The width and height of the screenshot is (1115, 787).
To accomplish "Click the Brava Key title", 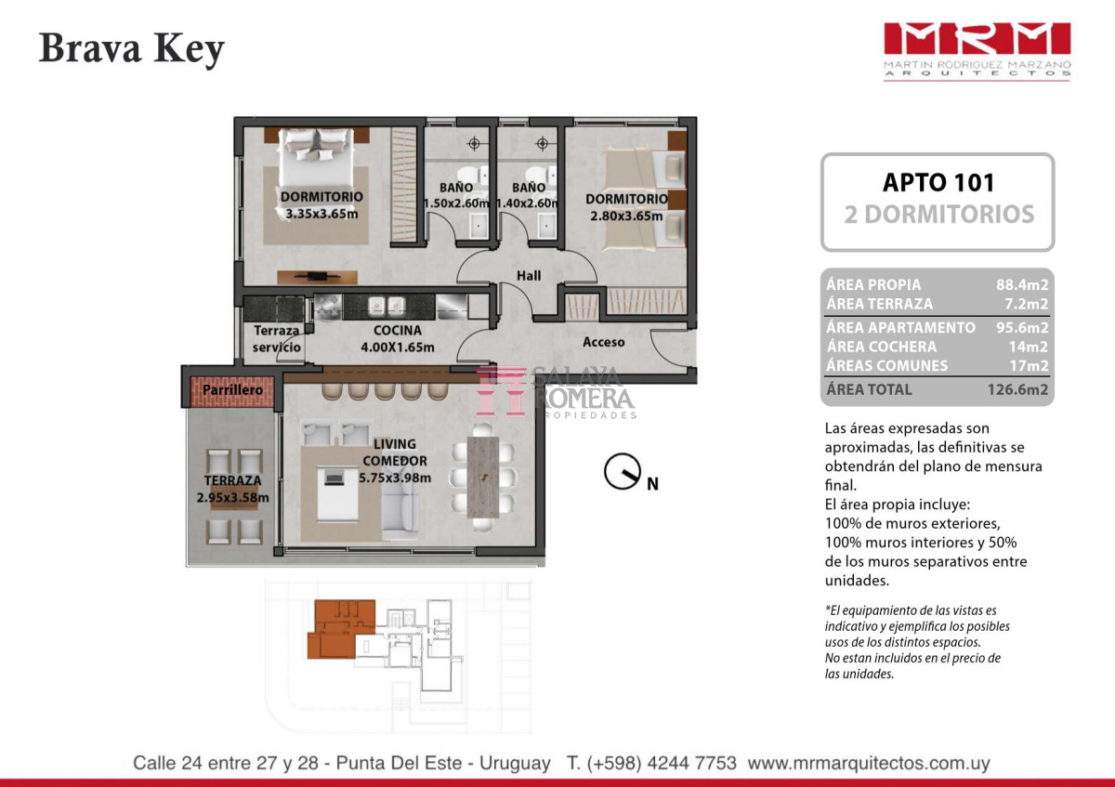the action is [132, 49].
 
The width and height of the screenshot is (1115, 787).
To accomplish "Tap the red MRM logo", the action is [977, 39].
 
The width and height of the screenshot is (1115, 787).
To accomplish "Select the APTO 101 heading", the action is [938, 183].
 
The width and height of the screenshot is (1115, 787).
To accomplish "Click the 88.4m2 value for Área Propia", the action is [1022, 284].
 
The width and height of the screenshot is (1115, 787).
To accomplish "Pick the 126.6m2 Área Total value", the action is [1017, 389].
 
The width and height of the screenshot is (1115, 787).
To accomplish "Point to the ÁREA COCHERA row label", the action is [882, 347].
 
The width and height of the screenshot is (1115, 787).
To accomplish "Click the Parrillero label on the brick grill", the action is [232, 389].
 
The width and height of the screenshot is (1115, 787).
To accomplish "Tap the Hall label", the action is [529, 275].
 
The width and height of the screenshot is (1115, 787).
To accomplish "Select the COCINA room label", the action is [398, 330].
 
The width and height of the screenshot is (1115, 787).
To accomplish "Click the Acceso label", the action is [603, 342].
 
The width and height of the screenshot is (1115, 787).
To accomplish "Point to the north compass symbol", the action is [623, 471].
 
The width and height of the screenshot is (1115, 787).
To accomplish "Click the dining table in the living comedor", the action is [483, 478].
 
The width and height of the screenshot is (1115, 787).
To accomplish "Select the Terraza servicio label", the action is [276, 338].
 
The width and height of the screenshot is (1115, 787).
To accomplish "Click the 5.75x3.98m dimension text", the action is [395, 478].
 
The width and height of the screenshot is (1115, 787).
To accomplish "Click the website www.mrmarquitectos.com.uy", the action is [869, 763].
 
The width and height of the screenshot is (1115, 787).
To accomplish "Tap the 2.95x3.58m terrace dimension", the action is [232, 497].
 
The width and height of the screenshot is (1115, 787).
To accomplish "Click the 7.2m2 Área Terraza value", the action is [1027, 304].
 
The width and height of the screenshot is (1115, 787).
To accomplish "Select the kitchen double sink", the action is [386, 305].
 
